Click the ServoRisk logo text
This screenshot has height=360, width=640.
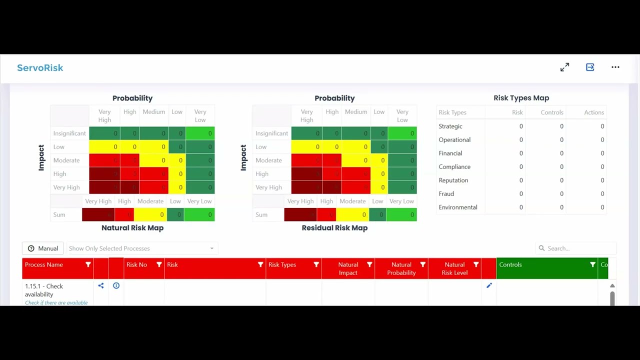point(40,68)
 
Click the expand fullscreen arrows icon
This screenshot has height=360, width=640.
point(564,67)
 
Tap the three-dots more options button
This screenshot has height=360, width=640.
point(615,67)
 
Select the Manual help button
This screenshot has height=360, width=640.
point(43,248)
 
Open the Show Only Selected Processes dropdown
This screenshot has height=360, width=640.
point(141,248)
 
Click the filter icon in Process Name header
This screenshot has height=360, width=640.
point(88,264)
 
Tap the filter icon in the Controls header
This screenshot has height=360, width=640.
point(592,264)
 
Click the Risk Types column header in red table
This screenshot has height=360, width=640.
point(282,264)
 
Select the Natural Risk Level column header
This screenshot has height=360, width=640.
point(454,268)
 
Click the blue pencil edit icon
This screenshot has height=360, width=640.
point(489,285)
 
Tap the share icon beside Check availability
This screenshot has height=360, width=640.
point(101,285)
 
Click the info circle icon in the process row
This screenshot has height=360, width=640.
point(116,285)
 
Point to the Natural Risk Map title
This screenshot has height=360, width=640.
point(132,227)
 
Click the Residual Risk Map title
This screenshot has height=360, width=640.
point(334,227)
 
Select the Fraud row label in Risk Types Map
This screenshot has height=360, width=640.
point(446,193)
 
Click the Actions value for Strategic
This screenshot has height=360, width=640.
point(602,126)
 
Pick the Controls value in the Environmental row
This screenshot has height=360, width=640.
point(561,207)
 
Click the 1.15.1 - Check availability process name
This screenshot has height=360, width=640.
point(44,290)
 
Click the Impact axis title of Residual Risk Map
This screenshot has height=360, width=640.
point(243,157)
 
